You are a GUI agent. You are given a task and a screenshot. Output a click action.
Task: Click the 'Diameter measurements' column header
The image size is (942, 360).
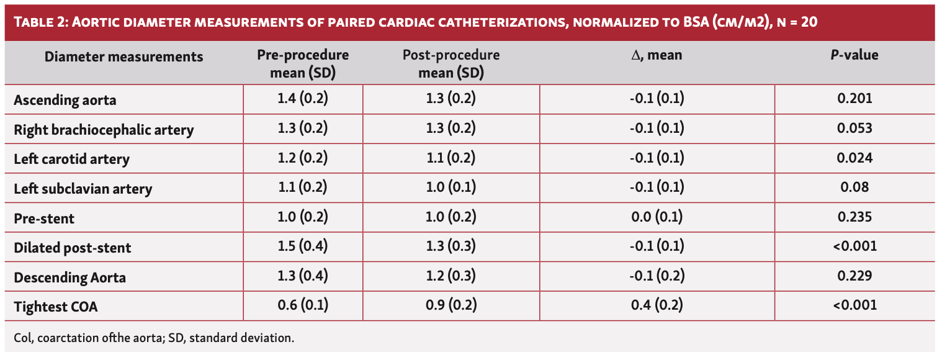pyautogui.click(x=123, y=56)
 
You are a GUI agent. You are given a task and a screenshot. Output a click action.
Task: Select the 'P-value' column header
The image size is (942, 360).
pyautogui.click(x=855, y=55)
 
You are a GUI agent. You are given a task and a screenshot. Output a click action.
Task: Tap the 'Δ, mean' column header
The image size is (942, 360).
pyautogui.click(x=656, y=55)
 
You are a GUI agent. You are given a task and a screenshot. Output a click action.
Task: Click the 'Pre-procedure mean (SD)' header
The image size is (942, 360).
pyautogui.click(x=303, y=64)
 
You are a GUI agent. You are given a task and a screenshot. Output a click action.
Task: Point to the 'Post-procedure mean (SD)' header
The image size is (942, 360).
pyautogui.click(x=451, y=64)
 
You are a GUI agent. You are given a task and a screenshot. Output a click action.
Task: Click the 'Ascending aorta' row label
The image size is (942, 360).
pyautogui.click(x=65, y=99)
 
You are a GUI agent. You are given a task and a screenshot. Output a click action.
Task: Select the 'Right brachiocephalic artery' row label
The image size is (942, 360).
pyautogui.click(x=104, y=130)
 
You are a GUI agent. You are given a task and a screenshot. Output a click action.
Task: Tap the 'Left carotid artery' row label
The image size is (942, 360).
pyautogui.click(x=71, y=159)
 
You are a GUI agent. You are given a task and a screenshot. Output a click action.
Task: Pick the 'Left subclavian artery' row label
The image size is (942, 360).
pyautogui.click(x=83, y=188)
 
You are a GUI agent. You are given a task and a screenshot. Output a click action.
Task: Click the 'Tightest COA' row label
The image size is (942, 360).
pyautogui.click(x=56, y=306)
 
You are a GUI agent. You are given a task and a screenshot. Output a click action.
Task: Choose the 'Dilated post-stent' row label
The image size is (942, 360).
pyautogui.click(x=73, y=248)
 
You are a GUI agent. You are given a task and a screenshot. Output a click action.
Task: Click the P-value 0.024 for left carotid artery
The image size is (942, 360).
pyautogui.click(x=855, y=158)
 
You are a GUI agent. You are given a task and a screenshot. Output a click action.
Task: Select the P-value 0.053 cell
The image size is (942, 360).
pyautogui.click(x=855, y=128)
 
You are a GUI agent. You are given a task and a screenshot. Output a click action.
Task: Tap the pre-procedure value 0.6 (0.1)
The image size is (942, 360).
pyautogui.click(x=303, y=305)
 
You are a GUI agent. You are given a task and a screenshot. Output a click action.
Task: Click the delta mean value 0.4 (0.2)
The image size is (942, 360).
pyautogui.click(x=657, y=305)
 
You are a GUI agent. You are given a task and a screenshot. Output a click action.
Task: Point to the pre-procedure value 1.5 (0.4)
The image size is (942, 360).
pyautogui.click(x=303, y=246)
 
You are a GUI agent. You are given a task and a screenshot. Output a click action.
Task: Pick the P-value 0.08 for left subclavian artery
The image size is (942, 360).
pyautogui.click(x=855, y=187)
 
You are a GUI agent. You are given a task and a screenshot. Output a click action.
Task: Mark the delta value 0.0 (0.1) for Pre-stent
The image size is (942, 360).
pyautogui.click(x=657, y=217)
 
